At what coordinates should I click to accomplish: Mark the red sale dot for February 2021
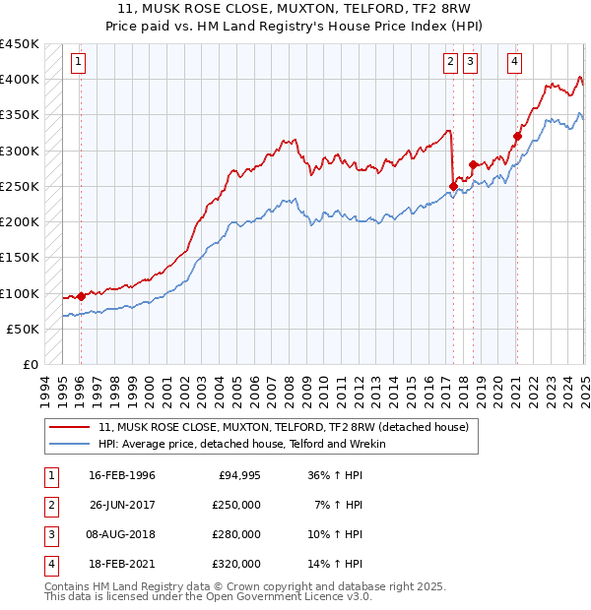[x=517, y=136]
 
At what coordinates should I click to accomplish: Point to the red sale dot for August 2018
[x=473, y=164]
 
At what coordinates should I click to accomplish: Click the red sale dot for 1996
[x=81, y=296]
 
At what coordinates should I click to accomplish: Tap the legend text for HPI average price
[x=241, y=444]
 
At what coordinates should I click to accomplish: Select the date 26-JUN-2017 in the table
[x=122, y=505]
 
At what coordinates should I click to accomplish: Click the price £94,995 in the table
[x=237, y=475]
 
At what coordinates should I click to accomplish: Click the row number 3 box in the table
[x=50, y=534]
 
